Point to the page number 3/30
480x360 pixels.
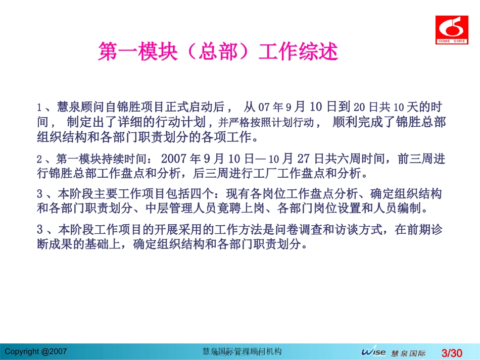452,352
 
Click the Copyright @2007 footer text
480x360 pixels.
35,350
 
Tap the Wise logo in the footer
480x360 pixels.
373,352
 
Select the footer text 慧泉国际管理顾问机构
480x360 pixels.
242,351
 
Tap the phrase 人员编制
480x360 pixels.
414,208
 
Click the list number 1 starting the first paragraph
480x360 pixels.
38,108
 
